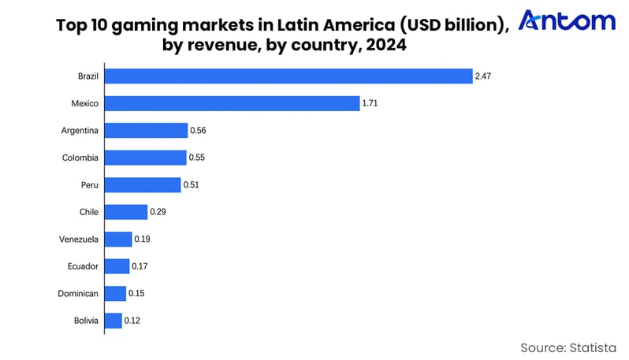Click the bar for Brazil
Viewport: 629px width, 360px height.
[288, 76]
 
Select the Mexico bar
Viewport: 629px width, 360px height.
[232, 103]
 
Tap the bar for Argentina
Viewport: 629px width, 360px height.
[146, 131]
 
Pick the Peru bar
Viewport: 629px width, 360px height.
[143, 185]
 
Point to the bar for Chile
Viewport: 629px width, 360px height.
[126, 212]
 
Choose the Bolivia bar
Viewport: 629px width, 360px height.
[114, 321]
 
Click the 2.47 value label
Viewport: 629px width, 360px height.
[484, 76]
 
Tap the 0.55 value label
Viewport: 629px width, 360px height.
[198, 158]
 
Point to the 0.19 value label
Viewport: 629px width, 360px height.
[143, 239]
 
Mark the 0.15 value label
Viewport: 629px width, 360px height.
[136, 294]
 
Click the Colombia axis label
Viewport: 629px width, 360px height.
[80, 158]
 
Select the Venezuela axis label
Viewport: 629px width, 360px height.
[79, 239]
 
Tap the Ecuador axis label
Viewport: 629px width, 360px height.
[84, 266]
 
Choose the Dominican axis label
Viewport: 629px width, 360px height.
[80, 294]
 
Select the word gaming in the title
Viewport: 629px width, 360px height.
[149, 24]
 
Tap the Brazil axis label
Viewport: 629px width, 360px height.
[88, 76]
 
